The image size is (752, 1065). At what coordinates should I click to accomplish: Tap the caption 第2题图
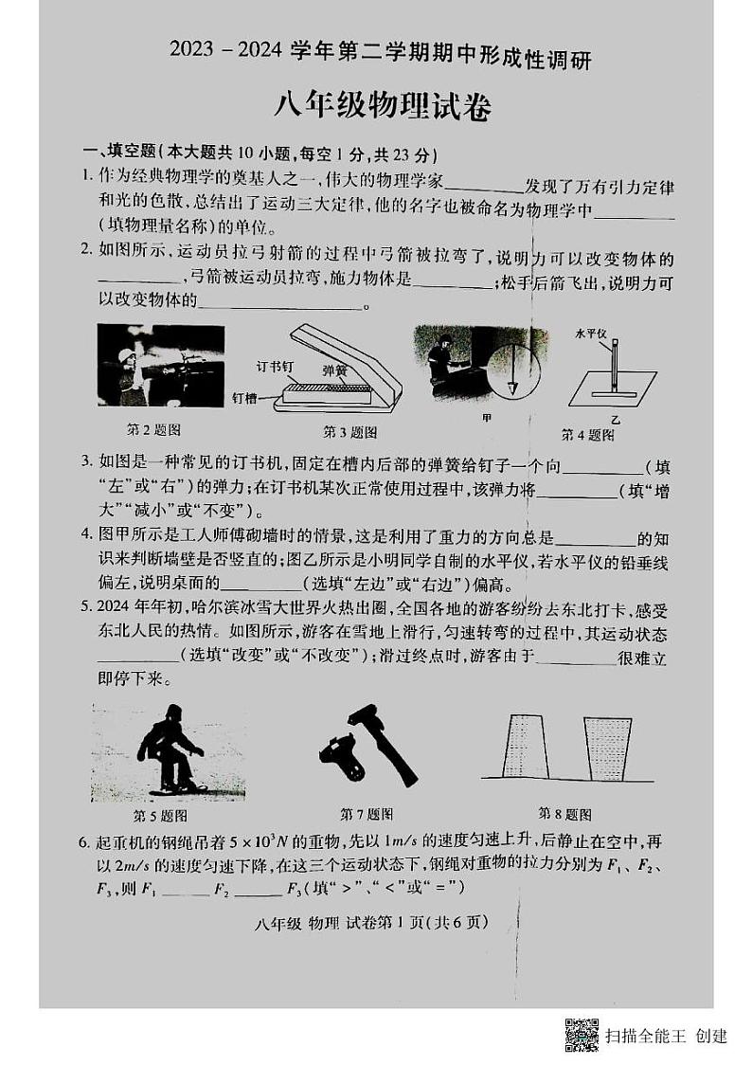click(x=153, y=429)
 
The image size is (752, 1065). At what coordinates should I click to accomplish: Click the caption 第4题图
click(x=587, y=435)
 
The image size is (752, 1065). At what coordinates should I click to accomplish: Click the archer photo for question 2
click(x=161, y=365)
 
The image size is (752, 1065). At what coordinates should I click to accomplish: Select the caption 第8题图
click(x=564, y=813)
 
